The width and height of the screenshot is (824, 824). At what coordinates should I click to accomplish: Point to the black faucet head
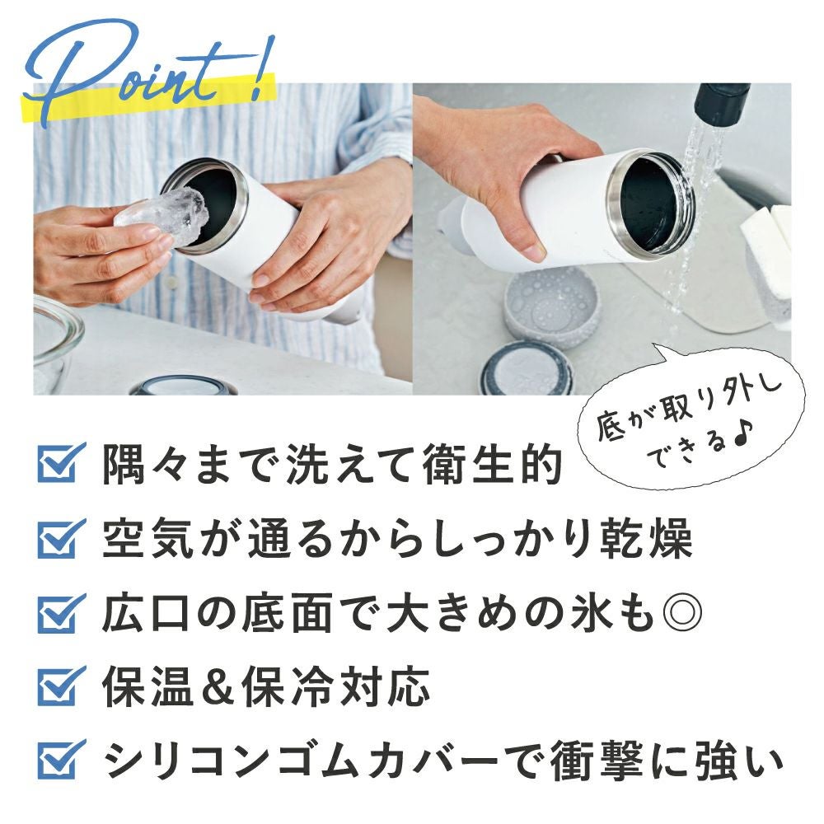721,103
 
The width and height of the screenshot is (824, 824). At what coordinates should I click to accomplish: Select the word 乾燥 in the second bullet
645,539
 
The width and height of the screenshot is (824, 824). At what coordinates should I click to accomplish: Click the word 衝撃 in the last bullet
597,761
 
